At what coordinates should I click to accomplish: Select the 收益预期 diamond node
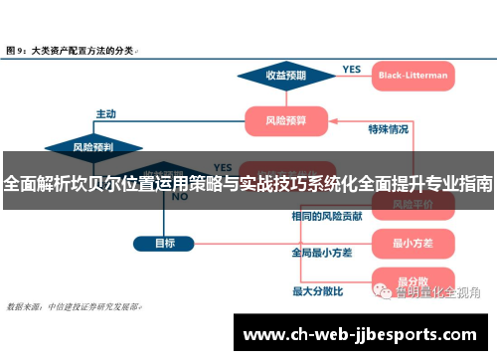click(285, 76)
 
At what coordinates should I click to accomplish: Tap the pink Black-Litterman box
click(413, 76)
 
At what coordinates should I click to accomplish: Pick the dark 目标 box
click(165, 243)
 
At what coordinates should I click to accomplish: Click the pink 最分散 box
click(412, 281)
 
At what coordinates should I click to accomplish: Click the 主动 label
click(105, 113)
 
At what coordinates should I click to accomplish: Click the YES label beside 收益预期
click(351, 70)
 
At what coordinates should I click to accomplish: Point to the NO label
click(180, 197)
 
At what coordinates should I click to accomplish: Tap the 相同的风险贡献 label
click(327, 216)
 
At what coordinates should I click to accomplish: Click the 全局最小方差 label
click(321, 254)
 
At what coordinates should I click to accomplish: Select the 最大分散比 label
click(317, 291)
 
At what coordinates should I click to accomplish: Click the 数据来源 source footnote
click(74, 307)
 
